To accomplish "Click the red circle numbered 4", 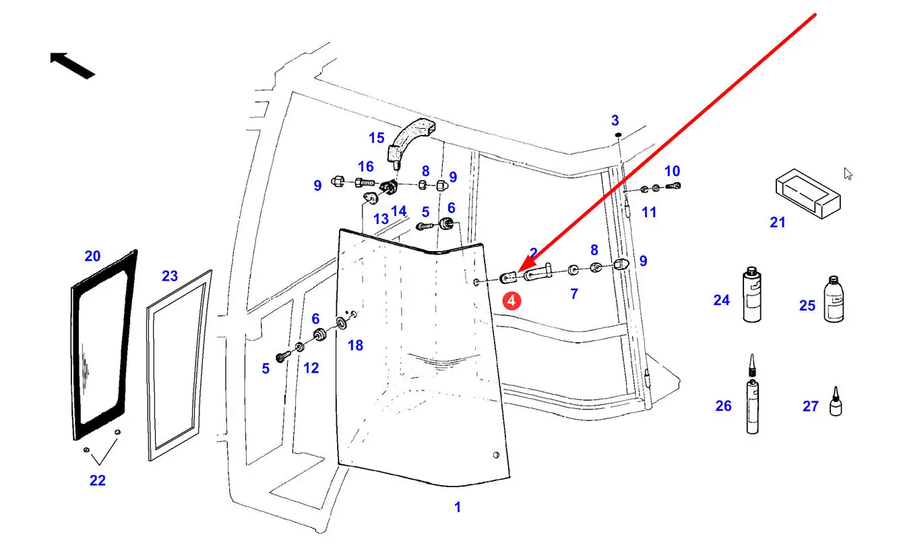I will click(512, 300).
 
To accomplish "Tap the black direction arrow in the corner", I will click(71, 64).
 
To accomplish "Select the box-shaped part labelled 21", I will click(807, 194).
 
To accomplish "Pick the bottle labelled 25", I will click(834, 300).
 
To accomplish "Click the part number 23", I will click(170, 275).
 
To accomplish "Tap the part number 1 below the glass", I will click(458, 507).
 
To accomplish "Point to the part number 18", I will click(355, 345).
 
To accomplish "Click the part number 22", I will click(98, 480).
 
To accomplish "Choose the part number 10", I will click(672, 171).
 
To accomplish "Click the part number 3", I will click(615, 121).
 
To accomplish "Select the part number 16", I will click(365, 167).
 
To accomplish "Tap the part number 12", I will click(311, 368).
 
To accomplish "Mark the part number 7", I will click(574, 294).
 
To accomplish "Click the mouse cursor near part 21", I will click(848, 173).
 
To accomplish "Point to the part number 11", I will click(649, 212).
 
